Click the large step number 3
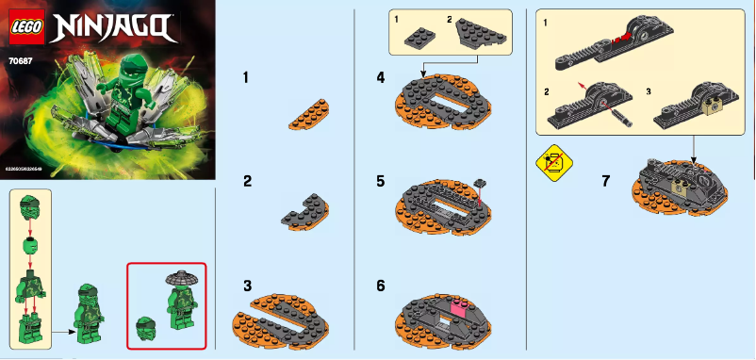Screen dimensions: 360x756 [247, 285]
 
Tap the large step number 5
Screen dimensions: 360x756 [380, 180]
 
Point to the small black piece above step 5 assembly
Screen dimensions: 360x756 [481, 180]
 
